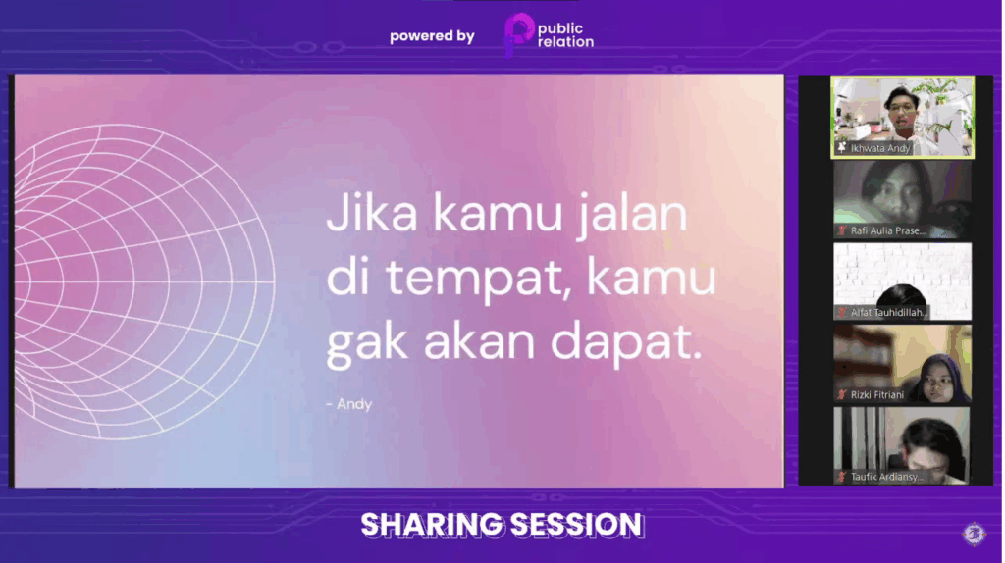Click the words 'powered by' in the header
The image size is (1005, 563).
coord(432,36)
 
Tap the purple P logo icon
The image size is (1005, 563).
coord(518,34)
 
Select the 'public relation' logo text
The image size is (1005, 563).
coord(565,36)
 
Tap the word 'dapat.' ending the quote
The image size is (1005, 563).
coord(626,342)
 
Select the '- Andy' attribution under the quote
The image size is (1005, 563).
coord(348,404)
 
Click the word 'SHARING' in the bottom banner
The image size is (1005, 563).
coord(432,525)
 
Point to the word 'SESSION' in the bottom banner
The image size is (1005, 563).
coord(576,525)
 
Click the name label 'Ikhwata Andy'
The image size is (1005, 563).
coord(880,148)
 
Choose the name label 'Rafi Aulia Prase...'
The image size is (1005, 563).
coord(887,230)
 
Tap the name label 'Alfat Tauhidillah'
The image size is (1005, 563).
coord(888,313)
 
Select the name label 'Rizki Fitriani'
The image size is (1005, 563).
coord(876,394)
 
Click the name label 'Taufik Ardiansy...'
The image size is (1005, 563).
coord(887,477)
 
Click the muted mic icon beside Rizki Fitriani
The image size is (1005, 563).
coord(842,394)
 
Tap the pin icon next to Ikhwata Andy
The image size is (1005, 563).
coord(841,148)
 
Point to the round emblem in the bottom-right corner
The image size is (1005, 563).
coord(975,534)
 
